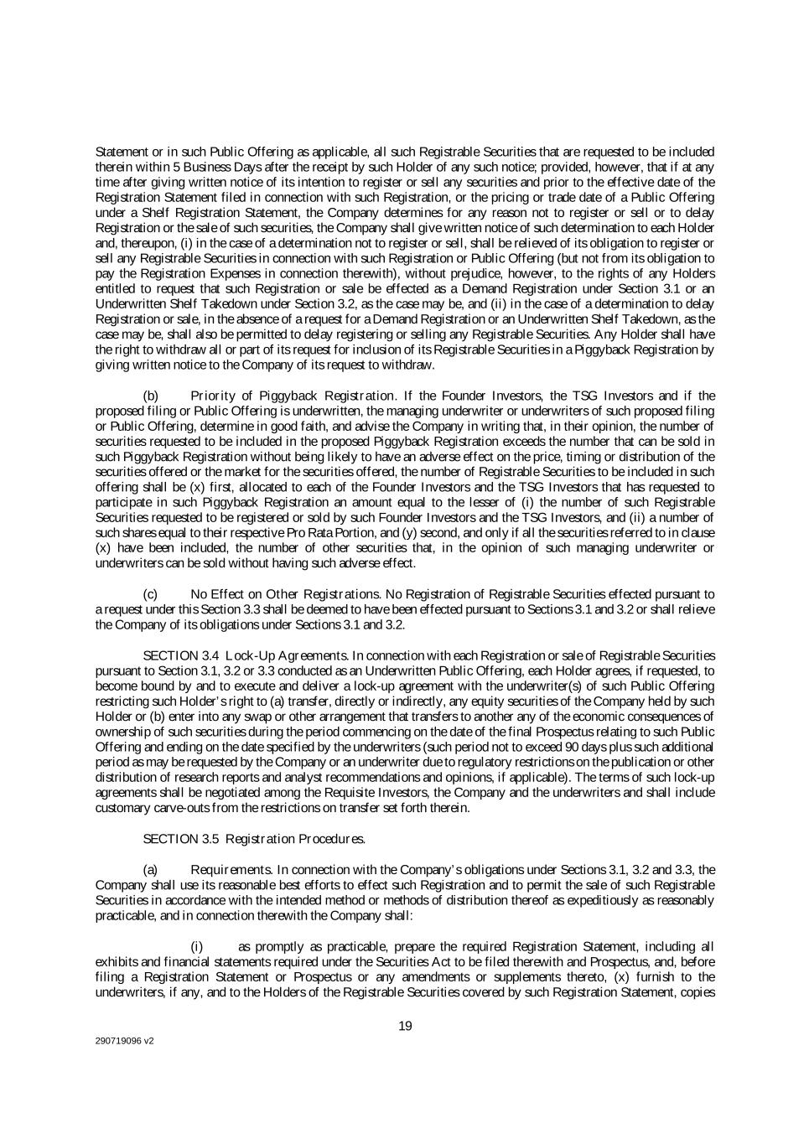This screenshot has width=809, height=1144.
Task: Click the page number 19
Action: (405, 1026)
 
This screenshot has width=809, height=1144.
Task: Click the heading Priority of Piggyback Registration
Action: (292, 396)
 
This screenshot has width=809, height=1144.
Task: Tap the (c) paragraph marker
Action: (151, 594)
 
